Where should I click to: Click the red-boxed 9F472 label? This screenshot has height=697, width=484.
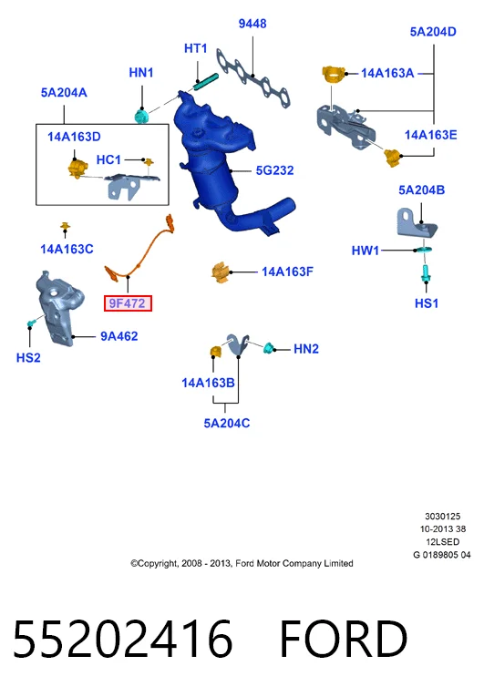[x=129, y=303]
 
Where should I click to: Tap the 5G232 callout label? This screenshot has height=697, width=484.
[x=274, y=170]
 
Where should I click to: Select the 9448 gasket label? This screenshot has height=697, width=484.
[x=252, y=24]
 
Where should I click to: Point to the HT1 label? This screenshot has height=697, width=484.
[x=196, y=48]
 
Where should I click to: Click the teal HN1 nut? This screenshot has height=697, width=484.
[x=142, y=116]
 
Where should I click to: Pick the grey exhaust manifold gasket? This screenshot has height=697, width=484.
[x=253, y=79]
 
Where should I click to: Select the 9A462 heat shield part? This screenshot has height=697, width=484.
[x=56, y=309]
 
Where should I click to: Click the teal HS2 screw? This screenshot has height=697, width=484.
[x=31, y=323]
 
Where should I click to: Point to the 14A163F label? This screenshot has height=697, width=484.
[x=287, y=272]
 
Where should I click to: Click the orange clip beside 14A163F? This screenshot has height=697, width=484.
[x=221, y=272]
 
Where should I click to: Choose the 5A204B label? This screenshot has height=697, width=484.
[x=421, y=190]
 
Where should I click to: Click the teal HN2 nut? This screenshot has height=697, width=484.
[x=268, y=348]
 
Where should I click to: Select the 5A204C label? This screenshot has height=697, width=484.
[x=226, y=423]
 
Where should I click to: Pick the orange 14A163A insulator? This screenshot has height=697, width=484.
[x=334, y=75]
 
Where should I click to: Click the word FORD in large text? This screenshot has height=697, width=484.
[x=344, y=640]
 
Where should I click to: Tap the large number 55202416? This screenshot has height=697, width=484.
[x=123, y=640]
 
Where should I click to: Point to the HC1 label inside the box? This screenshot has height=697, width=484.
[x=108, y=160]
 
